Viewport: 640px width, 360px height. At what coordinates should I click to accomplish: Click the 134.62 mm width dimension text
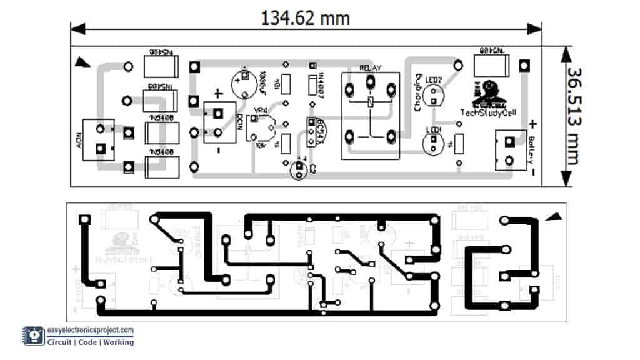[305, 17]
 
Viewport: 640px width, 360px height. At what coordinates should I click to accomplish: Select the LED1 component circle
[432, 142]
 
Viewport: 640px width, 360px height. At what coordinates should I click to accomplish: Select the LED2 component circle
[432, 95]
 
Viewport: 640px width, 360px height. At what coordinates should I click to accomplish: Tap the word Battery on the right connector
[531, 149]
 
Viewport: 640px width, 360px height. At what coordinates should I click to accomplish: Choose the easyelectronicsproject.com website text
[91, 330]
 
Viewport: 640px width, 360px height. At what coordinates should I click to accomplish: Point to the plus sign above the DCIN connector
[218, 94]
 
